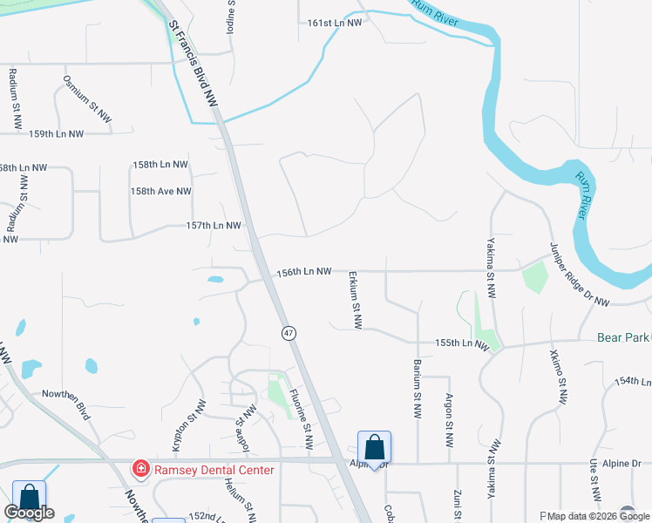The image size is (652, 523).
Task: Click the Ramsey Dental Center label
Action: point(214,470)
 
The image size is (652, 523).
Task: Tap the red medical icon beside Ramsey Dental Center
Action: point(139,470)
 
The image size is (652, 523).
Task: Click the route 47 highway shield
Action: point(289,333)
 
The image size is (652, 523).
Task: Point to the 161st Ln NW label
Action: point(335,24)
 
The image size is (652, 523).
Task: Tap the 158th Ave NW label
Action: point(161,191)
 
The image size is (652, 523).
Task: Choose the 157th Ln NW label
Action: point(213,226)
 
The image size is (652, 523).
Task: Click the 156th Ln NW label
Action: point(304,272)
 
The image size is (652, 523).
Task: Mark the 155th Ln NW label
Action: point(460,343)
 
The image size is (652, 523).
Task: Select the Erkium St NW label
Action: point(356,301)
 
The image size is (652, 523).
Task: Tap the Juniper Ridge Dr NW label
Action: point(580,274)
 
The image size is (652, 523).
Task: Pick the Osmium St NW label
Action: point(88,98)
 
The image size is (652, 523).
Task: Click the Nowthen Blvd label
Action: point(66,404)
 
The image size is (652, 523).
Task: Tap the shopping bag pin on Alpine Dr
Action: point(374,448)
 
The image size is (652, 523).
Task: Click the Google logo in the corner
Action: point(29,513)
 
